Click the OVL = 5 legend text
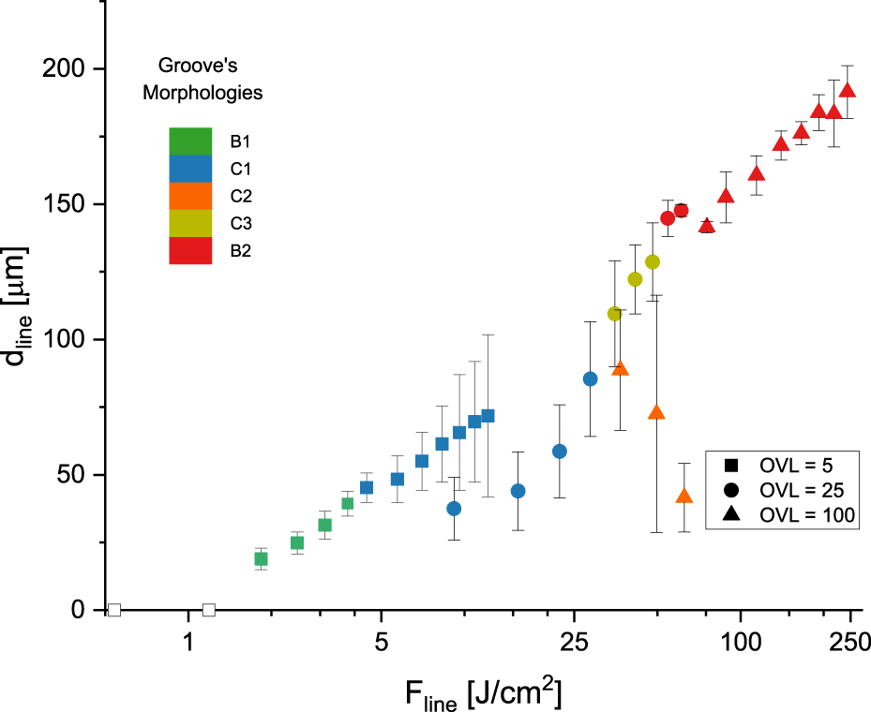click(796, 464)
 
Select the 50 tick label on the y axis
click(73, 475)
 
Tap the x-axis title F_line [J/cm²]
click(483, 692)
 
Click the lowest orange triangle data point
click(684, 497)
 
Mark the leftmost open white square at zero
click(114, 610)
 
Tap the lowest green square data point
click(262, 559)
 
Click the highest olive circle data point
click(653, 262)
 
